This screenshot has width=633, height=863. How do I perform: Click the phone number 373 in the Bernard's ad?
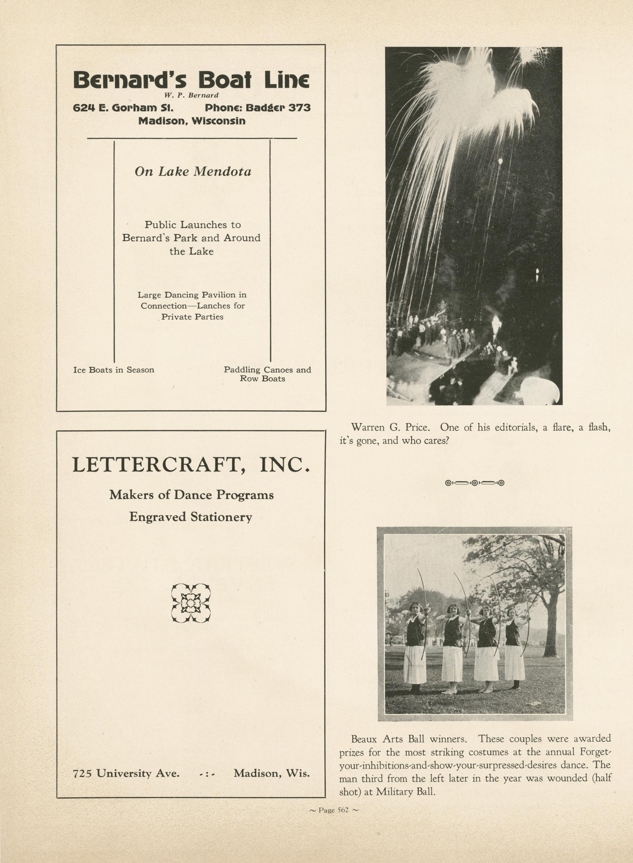tap(299, 108)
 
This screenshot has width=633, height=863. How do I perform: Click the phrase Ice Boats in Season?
tap(114, 370)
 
